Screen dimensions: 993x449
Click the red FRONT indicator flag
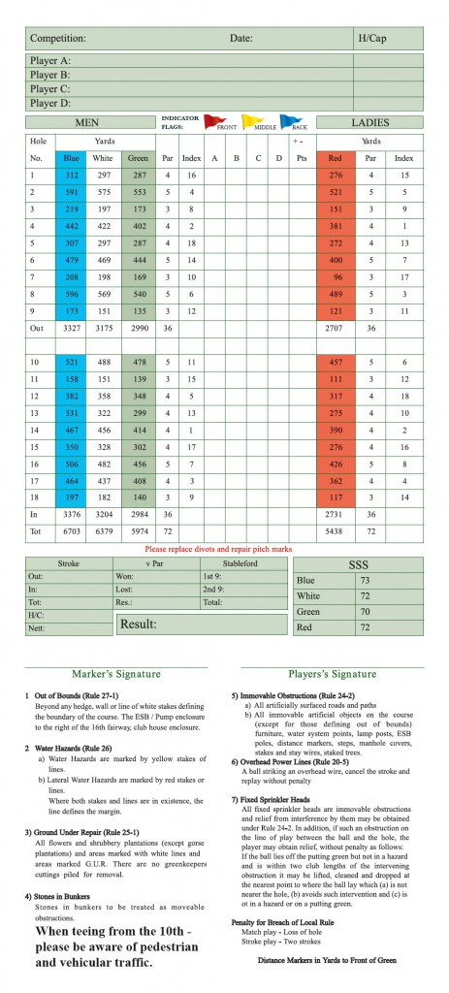click(x=211, y=121)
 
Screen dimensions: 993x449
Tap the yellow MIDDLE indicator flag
click(x=247, y=121)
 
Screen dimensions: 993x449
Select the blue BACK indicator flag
click(x=286, y=121)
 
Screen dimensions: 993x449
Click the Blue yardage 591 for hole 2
click(x=72, y=192)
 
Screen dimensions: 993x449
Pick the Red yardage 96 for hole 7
click(x=336, y=276)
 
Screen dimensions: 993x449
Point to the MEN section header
click(x=93, y=123)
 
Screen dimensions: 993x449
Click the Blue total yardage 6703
click(x=71, y=532)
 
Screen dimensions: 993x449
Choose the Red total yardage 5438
click(x=336, y=532)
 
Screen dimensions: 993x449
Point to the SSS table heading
click(x=358, y=563)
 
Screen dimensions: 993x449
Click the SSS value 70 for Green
click(x=392, y=613)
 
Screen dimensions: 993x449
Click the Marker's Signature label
click(x=116, y=674)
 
